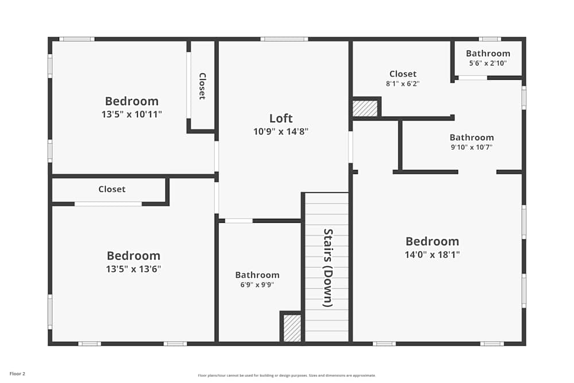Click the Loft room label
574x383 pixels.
[281, 118]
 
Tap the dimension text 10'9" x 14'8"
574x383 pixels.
[281, 131]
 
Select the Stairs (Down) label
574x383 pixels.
[328, 268]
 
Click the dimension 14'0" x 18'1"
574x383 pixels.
[432, 254]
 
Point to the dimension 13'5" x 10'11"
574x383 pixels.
[131, 114]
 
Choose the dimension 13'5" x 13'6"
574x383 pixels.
[133, 269]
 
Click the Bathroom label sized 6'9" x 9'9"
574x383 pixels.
[257, 275]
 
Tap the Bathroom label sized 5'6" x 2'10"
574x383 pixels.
[488, 53]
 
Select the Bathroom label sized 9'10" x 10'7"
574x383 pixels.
[471, 137]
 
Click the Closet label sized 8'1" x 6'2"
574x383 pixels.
[403, 73]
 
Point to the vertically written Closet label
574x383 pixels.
[202, 86]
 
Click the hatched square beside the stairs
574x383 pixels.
[292, 328]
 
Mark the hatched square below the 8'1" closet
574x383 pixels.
[365, 109]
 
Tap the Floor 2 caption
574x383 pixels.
[17, 374]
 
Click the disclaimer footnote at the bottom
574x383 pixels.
[287, 376]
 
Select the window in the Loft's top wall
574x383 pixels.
[284, 39]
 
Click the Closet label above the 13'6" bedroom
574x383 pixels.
[111, 189]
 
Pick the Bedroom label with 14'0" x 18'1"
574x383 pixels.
[432, 241]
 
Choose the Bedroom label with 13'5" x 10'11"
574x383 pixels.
[131, 101]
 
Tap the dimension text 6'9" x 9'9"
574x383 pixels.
[257, 285]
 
